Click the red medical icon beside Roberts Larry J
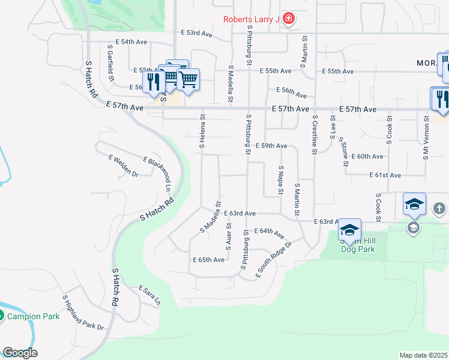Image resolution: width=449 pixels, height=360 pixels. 289,19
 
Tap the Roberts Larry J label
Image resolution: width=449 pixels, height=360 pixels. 252,19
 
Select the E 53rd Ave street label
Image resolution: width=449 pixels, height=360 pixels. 199,34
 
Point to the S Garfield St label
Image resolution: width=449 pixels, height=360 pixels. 110,62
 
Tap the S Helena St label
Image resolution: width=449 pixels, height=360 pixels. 203,131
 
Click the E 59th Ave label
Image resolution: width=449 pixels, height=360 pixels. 271,146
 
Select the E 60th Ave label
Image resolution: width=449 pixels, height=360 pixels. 367,156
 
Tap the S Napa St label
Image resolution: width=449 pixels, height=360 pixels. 280,181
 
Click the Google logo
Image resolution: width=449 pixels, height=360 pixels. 20,353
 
